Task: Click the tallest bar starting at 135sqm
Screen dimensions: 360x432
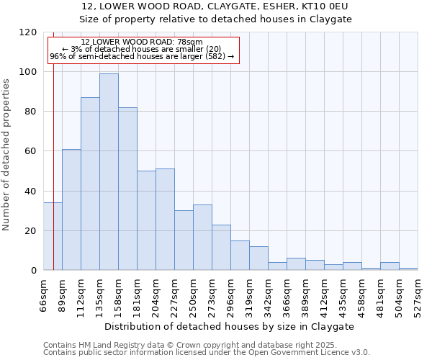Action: tap(109, 172)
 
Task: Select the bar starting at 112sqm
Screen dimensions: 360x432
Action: tap(90, 184)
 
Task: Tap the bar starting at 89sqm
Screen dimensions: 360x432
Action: tap(71, 210)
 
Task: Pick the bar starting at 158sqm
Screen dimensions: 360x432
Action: tap(127, 189)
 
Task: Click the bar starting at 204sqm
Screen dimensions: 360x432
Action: tap(165, 220)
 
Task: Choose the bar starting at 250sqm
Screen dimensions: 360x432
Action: tap(202, 238)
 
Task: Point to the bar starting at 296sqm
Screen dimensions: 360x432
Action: tap(240, 256)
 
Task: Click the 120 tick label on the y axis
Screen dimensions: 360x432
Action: tap(29, 32)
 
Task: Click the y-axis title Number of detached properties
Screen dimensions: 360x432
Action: tap(6, 155)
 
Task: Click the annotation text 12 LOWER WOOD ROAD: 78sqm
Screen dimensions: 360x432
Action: tap(142, 42)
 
